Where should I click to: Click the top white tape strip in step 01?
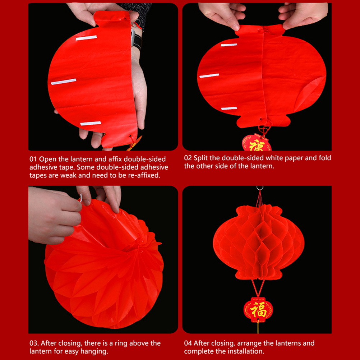(x=86, y=38)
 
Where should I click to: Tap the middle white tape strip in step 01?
(x=63, y=82)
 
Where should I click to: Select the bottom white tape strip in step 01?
(x=91, y=123)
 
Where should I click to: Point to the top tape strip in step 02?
(x=229, y=45)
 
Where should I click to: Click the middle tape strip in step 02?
(x=209, y=75)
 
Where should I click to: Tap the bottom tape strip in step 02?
(x=229, y=109)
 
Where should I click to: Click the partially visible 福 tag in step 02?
(x=257, y=143)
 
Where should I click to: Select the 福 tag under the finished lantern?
(x=258, y=309)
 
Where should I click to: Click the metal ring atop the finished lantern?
(x=260, y=188)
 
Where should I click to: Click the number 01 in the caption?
(x=33, y=159)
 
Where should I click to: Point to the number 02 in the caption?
(x=188, y=158)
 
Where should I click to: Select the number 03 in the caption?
(x=34, y=343)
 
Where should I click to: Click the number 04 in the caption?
(x=188, y=343)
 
